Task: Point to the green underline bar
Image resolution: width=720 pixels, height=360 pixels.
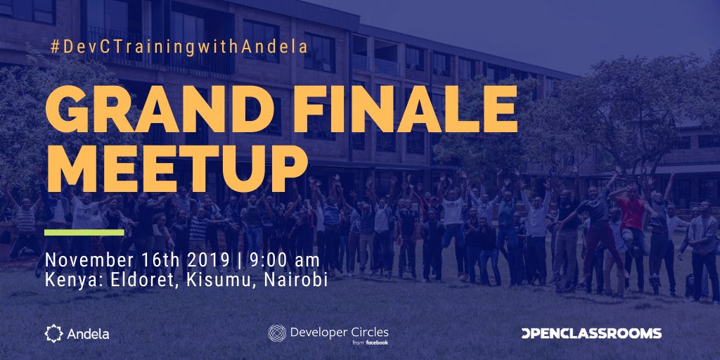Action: pos(84,232)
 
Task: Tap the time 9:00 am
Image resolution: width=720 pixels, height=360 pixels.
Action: pos(280,260)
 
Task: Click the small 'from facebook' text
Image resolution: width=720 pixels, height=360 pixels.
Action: pos(370,342)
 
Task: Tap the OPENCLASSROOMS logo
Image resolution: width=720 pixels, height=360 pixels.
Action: pos(591,333)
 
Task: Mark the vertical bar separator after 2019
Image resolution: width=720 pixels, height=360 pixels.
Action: pos(237,260)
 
